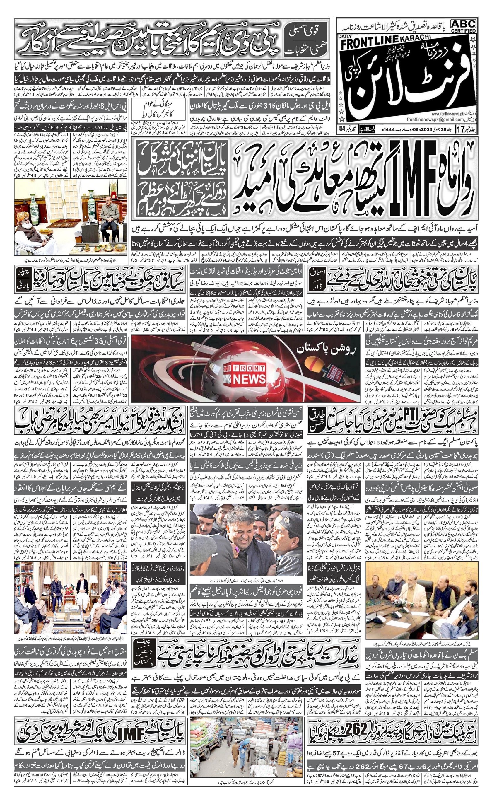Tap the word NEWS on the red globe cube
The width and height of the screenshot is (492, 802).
(254, 378)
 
